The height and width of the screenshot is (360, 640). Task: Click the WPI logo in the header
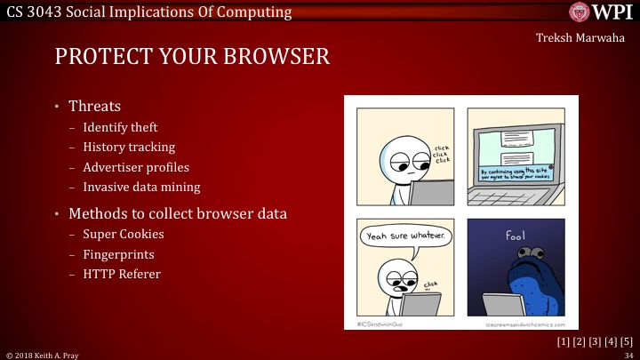[601, 12]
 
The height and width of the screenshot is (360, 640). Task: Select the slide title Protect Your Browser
[192, 58]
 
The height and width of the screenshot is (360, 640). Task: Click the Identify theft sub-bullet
[120, 128]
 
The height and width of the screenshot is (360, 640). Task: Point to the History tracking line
[129, 148]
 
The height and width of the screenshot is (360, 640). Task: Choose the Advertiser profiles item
[136, 167]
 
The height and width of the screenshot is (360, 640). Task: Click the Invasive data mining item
[141, 187]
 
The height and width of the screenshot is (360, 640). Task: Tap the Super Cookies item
[123, 235]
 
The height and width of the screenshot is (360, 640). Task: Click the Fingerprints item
[121, 254]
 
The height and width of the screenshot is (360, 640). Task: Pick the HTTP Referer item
[122, 274]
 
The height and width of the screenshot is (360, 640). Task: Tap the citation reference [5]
[626, 342]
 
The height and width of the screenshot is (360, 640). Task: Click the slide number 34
[628, 355]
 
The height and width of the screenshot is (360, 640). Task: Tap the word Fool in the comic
[516, 236]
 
